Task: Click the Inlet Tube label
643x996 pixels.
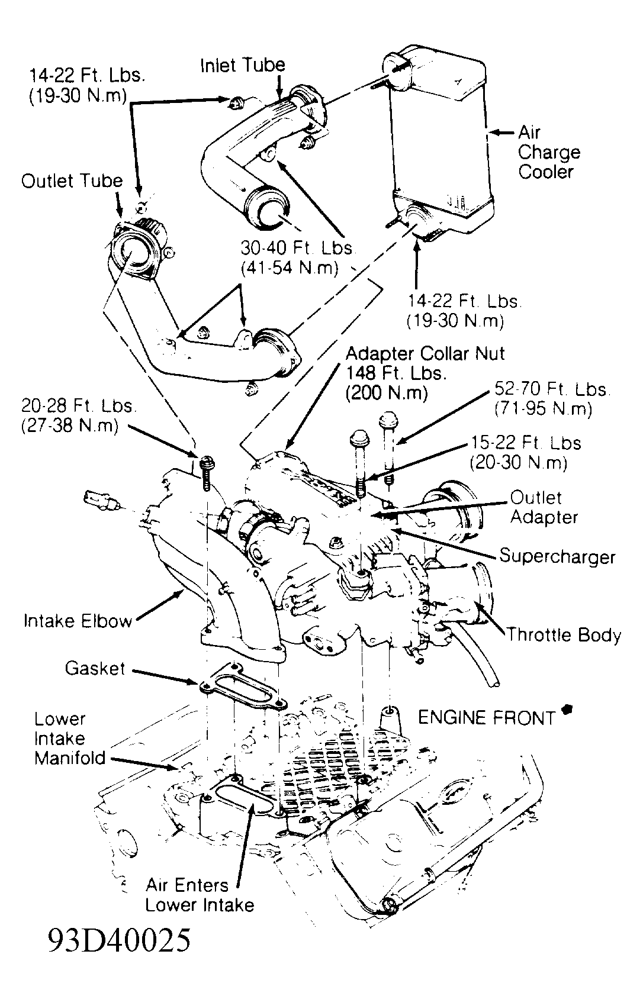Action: (x=242, y=65)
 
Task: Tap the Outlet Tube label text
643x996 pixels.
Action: (x=72, y=181)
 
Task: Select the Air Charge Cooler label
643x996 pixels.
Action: (x=548, y=152)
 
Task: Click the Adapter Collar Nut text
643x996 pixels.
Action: (x=425, y=353)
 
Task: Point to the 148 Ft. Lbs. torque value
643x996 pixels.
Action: (x=396, y=373)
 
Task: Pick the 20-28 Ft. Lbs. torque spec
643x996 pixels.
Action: (x=78, y=406)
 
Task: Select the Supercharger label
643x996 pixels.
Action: (x=557, y=556)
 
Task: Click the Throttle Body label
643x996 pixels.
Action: (x=563, y=635)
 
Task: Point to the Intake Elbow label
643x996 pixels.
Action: (x=78, y=621)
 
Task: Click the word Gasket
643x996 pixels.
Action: (x=95, y=669)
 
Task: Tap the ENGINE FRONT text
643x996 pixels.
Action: (x=486, y=718)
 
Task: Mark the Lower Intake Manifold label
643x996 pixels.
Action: (x=69, y=739)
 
